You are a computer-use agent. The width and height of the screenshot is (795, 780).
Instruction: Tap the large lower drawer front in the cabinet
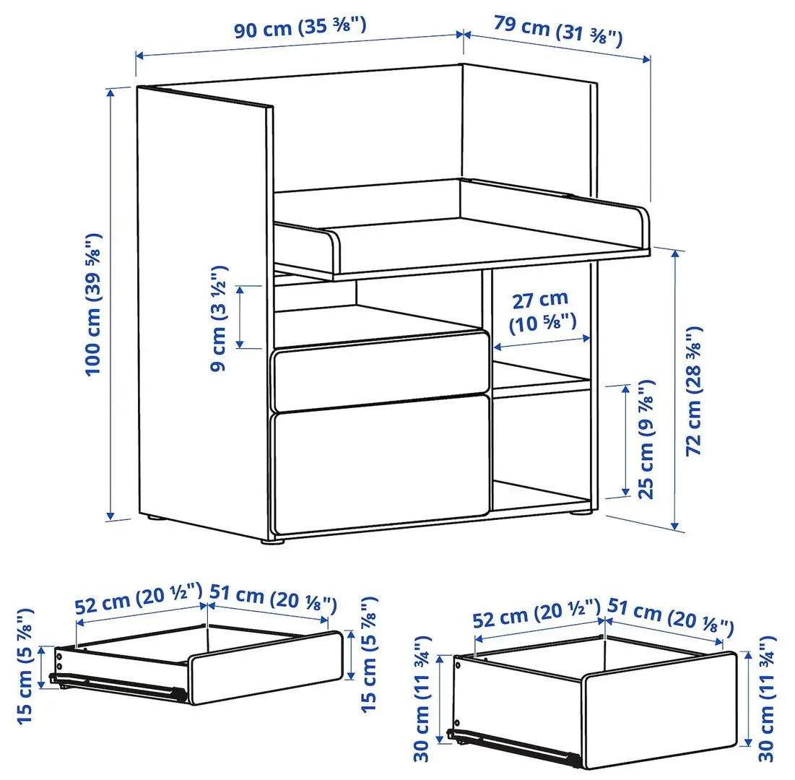[380, 462]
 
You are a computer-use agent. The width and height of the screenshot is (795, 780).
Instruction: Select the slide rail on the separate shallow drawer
[116, 683]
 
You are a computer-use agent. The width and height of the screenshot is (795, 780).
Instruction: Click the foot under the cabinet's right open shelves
[578, 514]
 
